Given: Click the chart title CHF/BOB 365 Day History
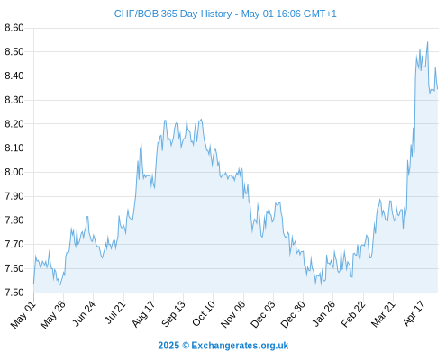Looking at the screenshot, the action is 173,13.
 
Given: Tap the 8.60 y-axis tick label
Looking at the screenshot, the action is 14,28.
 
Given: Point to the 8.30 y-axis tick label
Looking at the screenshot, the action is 14,100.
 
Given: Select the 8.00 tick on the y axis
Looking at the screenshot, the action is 14,172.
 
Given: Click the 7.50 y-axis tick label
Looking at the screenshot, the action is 14,292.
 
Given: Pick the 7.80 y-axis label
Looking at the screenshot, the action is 14,220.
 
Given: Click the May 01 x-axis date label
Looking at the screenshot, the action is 23,314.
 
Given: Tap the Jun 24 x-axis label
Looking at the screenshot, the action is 84,313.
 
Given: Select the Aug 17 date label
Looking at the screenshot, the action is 143,314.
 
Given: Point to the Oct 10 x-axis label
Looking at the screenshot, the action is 204,314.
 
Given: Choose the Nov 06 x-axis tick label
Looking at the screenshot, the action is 233,314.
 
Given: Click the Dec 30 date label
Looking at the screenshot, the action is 293,314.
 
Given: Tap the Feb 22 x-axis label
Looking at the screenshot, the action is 353,314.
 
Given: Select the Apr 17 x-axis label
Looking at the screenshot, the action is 414,313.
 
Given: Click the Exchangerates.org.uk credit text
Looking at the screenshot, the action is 240,346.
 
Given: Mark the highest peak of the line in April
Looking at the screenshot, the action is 427,42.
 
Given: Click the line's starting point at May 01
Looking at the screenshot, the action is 33,283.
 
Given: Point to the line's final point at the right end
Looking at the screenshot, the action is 438,89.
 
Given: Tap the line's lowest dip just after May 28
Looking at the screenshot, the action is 60,284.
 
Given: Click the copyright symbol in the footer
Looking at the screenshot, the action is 186,346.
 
